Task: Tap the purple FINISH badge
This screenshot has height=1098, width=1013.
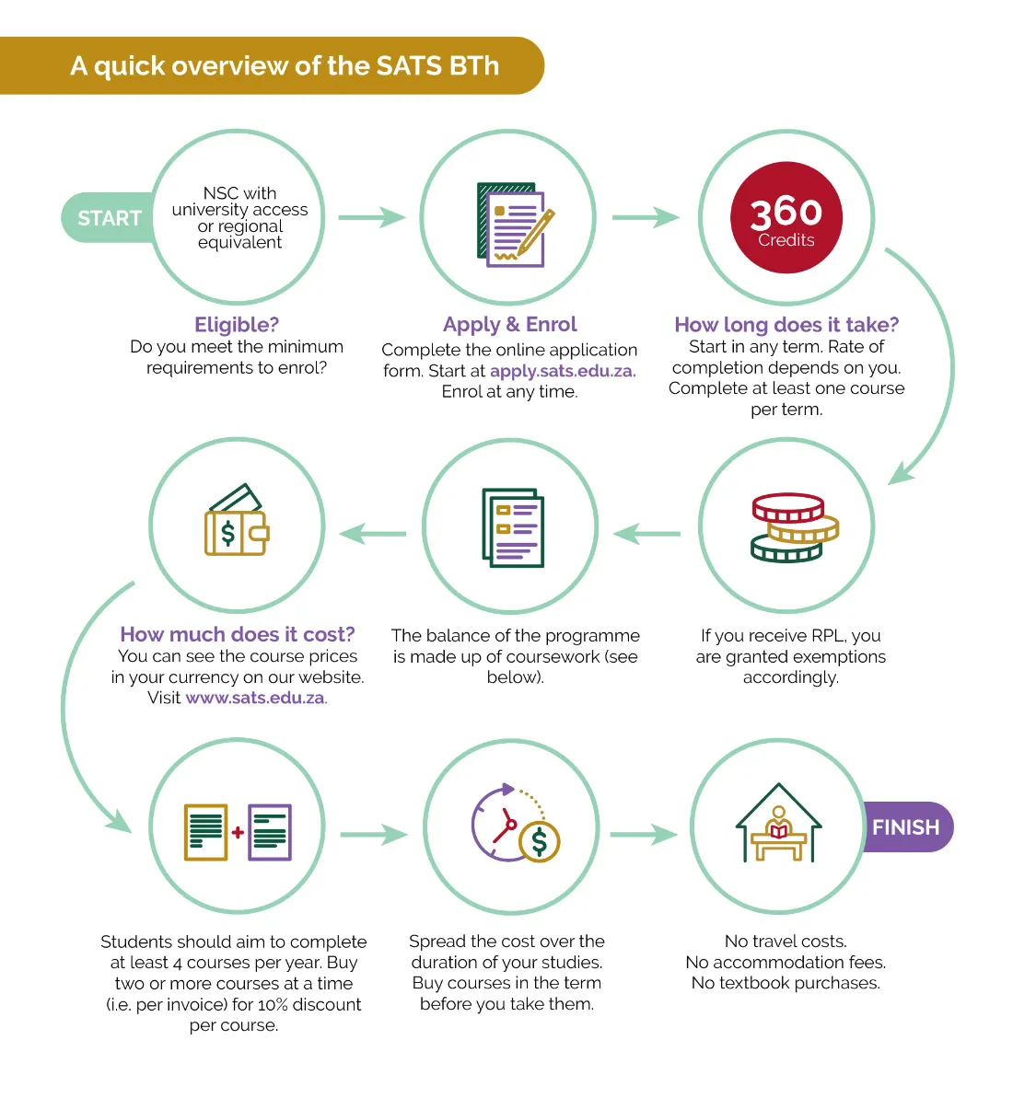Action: (908, 827)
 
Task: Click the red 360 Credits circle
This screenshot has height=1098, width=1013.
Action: (786, 218)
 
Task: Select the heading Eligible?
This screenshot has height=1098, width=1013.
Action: (237, 325)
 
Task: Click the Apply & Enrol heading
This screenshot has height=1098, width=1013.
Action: (510, 324)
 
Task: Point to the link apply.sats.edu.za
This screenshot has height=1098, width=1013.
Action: (564, 371)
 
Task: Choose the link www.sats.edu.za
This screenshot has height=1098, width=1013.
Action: (256, 699)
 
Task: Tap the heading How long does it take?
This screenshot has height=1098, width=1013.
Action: (786, 324)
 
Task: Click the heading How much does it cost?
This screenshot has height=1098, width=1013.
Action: (238, 634)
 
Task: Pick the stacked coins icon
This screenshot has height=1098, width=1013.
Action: (795, 527)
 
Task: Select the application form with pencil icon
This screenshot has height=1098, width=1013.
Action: (515, 225)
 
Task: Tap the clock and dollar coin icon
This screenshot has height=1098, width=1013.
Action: (516, 823)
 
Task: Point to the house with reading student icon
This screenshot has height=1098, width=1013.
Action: (778, 823)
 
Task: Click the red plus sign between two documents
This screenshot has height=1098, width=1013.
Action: (239, 832)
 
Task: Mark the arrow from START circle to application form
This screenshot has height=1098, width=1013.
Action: (372, 217)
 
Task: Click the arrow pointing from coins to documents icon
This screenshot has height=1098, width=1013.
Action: (646, 534)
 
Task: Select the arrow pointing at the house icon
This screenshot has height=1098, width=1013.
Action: (644, 834)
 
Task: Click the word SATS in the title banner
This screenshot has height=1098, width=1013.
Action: (409, 66)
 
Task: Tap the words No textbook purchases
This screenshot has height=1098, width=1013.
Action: (786, 983)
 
